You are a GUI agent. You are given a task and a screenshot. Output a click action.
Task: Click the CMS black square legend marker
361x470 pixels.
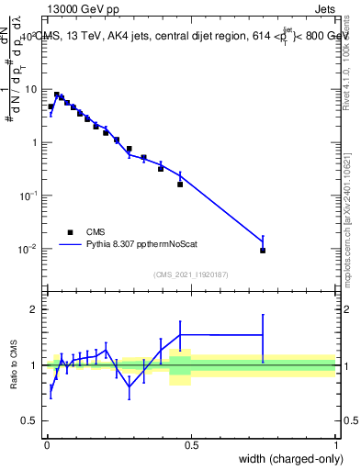pos(69,232)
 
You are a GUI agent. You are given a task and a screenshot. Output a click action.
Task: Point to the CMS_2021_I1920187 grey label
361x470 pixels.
pos(190,274)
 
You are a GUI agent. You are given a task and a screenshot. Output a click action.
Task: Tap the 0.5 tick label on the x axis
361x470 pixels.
pos(191,443)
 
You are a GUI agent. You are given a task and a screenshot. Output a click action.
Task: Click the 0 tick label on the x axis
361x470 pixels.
pos(46,443)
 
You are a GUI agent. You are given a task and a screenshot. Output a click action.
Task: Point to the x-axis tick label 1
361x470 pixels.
pos(336,443)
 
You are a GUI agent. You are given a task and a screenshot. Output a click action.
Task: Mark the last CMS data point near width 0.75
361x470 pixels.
pos(263,251)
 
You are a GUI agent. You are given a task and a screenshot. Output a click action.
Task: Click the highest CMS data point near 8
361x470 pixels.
pos(57,95)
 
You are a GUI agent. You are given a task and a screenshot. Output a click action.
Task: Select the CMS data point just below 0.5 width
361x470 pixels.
pos(180,185)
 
